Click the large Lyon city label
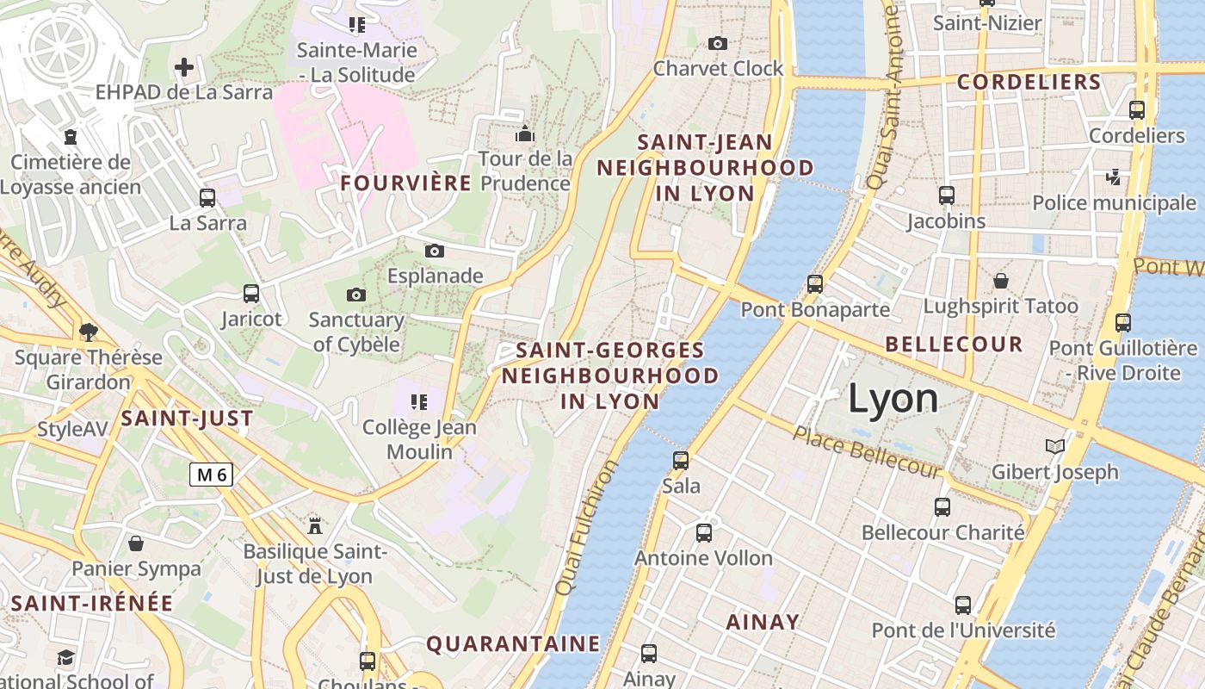tap(893, 399)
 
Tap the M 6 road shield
tap(212, 474)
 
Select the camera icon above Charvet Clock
tap(717, 43)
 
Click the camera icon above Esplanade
tap(435, 251)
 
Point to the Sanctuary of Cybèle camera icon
tap(356, 295)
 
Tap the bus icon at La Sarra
tap(207, 197)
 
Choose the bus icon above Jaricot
tap(251, 294)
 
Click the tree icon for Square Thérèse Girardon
tap(88, 332)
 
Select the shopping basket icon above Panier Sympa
tap(136, 543)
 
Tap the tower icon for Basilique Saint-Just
tap(315, 525)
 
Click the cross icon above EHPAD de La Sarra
tap(184, 66)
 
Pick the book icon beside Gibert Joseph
tap(1054, 446)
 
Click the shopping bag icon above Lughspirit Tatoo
tap(1000, 281)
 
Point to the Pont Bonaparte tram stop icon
tap(814, 283)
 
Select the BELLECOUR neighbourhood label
tap(954, 344)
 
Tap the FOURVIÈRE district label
tap(406, 183)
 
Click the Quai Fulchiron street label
tap(587, 527)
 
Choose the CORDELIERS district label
tap(1029, 82)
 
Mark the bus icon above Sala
tap(681, 460)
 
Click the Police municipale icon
tap(1114, 177)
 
